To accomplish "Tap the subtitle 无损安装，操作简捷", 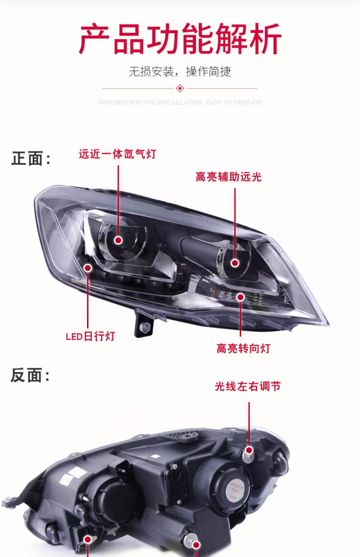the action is coord(180,72).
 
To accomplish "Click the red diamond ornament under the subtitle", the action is coord(180,88).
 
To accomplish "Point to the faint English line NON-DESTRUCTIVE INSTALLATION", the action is coord(180,102).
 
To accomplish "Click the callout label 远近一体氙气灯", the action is coord(118,154).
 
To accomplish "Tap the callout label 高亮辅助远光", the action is coord(228,177).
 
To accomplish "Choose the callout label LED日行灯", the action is coord(91,336).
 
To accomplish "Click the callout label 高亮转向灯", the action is coord(243,348).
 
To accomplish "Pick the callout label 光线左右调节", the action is coord(248,386).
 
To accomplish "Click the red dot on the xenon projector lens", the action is coord(118,240).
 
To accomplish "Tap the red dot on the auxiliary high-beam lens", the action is coord(235,263).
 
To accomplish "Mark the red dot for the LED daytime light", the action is coord(88,268).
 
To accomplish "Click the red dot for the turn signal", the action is coord(240,297).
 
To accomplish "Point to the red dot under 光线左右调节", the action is coord(249,450).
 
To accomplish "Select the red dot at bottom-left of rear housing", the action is coord(87,540).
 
